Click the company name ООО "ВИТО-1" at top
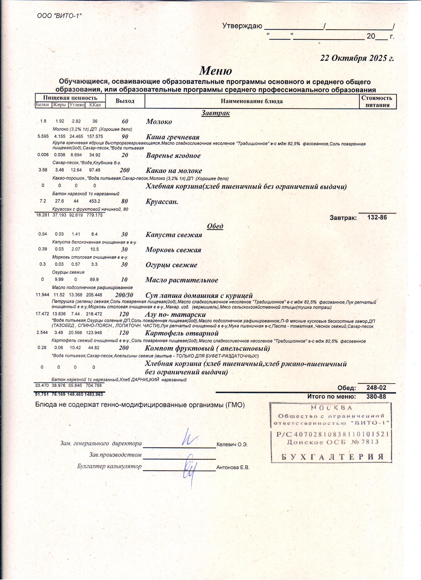click(x=59, y=16)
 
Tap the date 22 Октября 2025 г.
click(x=357, y=58)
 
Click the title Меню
click(x=215, y=71)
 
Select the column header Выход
click(x=125, y=101)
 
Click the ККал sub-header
click(x=95, y=105)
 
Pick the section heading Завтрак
click(x=215, y=113)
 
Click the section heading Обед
click(x=215, y=226)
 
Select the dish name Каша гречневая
click(x=173, y=137)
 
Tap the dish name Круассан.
click(x=162, y=202)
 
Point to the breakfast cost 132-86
click(x=377, y=218)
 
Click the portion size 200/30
click(x=124, y=295)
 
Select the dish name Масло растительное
click(x=182, y=280)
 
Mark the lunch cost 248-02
click(x=376, y=388)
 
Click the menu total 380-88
click(x=376, y=397)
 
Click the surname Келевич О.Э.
click(x=232, y=445)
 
